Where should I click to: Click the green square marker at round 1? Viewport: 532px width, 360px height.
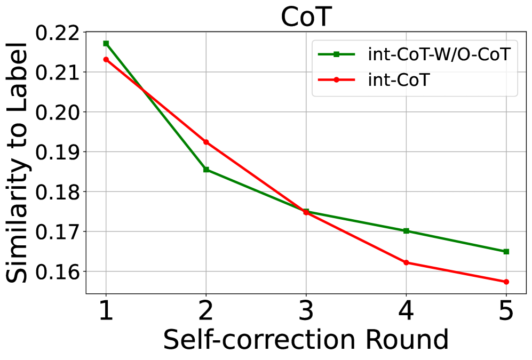106,43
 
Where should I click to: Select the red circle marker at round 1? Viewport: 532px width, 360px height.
106,59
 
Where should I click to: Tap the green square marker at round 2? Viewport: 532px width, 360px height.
206,170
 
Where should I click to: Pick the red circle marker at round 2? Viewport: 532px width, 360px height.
206,142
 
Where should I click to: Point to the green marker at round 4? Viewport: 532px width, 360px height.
406,231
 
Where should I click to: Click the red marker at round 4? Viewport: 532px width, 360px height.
406,262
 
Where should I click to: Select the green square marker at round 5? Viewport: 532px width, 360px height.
506,251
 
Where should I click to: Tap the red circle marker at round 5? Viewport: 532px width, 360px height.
506,282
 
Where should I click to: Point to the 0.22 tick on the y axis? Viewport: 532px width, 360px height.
57,33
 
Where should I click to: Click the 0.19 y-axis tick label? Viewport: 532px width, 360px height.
57,152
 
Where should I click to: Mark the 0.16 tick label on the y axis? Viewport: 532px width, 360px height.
57,271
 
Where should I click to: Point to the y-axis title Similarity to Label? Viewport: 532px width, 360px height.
19,163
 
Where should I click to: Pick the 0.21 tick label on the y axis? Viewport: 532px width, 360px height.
57,72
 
